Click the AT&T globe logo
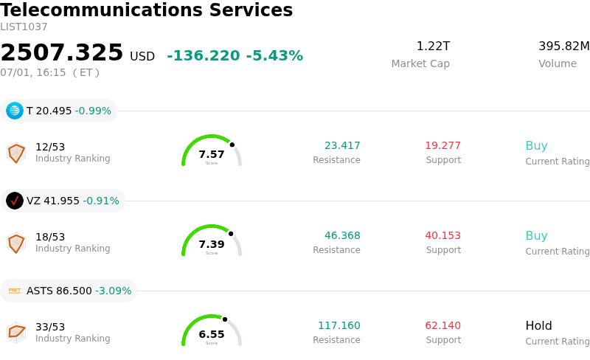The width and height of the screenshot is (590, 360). tap(15, 111)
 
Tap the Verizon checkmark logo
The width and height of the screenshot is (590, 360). tap(15, 201)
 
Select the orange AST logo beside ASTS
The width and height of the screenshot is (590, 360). tap(15, 291)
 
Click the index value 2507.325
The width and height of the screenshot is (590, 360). tap(62, 52)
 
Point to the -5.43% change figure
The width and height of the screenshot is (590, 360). tap(274, 56)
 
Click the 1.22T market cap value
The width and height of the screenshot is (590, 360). tap(433, 46)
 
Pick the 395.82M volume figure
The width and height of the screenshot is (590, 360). tap(564, 46)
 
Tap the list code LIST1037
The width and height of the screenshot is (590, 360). tap(24, 27)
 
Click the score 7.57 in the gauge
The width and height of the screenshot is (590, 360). tap(212, 154)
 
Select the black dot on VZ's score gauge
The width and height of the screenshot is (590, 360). tap(231, 234)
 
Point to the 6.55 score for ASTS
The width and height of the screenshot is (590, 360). tap(212, 334)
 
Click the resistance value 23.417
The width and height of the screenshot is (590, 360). tap(342, 145)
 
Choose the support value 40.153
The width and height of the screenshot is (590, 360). tap(443, 235)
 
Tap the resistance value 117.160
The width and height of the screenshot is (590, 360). tap(339, 325)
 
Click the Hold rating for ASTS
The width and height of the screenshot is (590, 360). tap(539, 325)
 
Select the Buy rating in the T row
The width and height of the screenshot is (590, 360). tap(537, 146)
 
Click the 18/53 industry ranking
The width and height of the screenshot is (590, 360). tap(50, 237)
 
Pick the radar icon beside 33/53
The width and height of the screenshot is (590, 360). tap(16, 333)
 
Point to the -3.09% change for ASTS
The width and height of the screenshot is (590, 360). tap(114, 291)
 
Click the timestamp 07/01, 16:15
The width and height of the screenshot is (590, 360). tap(33, 72)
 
